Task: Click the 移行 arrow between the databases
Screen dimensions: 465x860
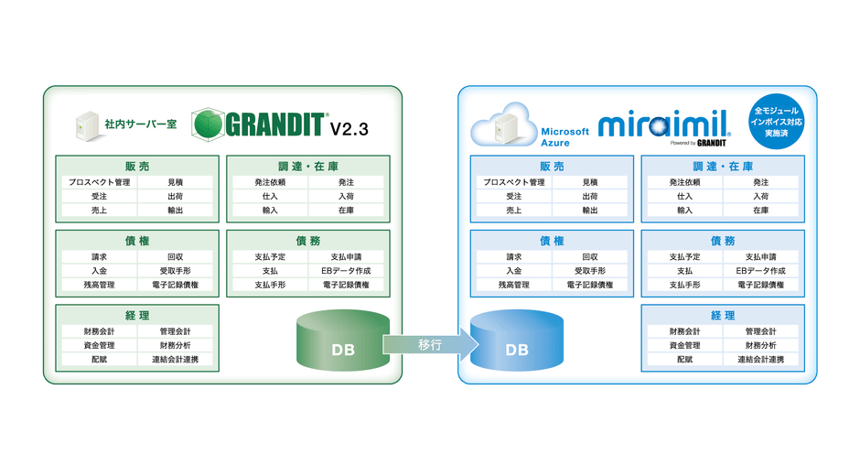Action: coord(429,344)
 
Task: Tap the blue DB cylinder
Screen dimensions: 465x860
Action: coord(517,343)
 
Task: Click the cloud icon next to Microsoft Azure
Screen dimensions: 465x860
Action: coord(503,126)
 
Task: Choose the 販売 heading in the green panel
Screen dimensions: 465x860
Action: coord(137,166)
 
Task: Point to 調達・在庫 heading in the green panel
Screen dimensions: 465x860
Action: coord(308,166)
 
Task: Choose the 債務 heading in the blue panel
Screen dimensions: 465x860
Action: coord(723,241)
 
